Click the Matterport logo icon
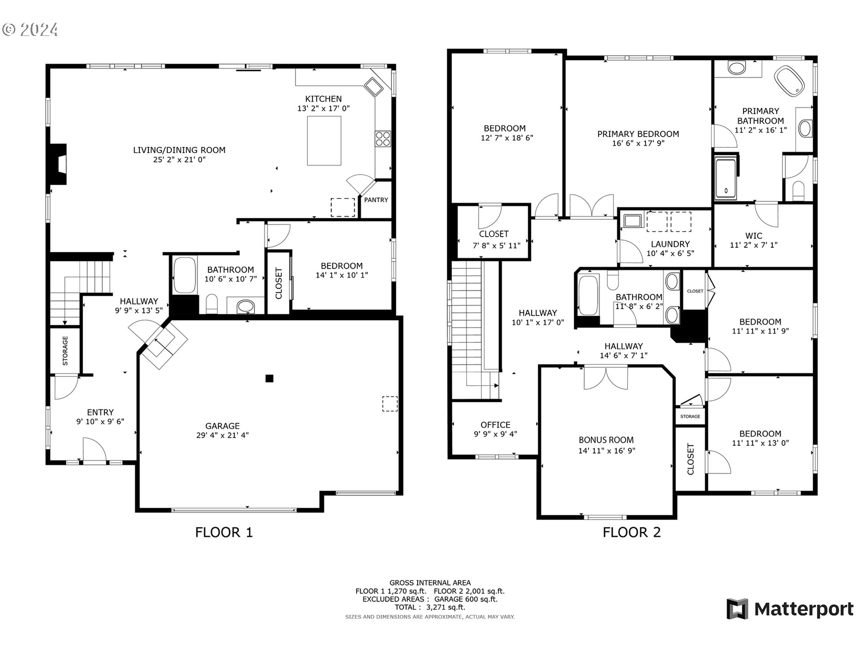pyautogui.click(x=737, y=609)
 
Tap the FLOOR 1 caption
pyautogui.click(x=224, y=532)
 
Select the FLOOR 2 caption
pyautogui.click(x=632, y=532)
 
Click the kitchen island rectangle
pyautogui.click(x=324, y=141)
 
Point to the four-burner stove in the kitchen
pyautogui.click(x=383, y=138)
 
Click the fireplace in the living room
pyautogui.click(x=58, y=164)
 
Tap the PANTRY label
pyautogui.click(x=376, y=200)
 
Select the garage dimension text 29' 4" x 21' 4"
pyautogui.click(x=222, y=435)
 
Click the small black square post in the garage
pyautogui.click(x=269, y=378)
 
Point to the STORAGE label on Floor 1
pyautogui.click(x=65, y=350)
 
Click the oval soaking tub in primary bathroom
pyautogui.click(x=789, y=81)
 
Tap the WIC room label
pyautogui.click(x=754, y=235)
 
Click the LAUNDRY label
pyautogui.click(x=670, y=244)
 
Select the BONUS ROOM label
pyautogui.click(x=606, y=440)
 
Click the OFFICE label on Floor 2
pyautogui.click(x=495, y=425)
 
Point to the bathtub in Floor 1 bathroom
pyautogui.click(x=184, y=275)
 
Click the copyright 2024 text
pyautogui.click(x=30, y=30)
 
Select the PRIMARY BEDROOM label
pyautogui.click(x=638, y=134)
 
